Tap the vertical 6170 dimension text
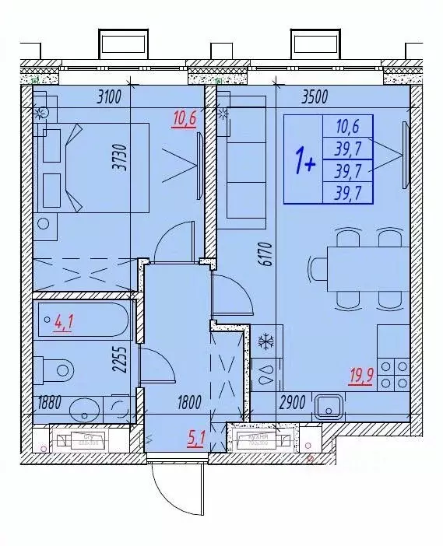(264, 254)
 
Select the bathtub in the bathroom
(83, 322)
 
